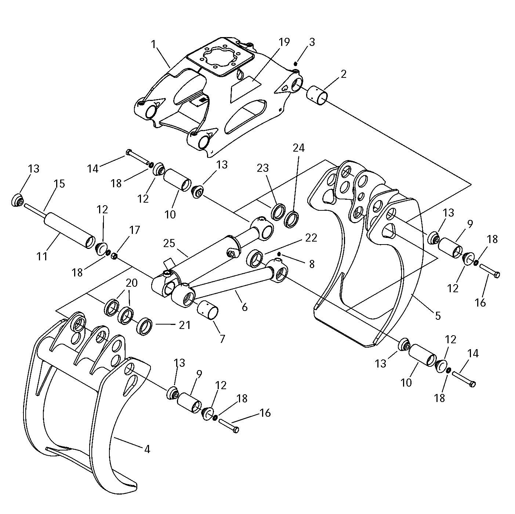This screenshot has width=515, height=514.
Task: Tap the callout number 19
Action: pyautogui.click(x=284, y=42)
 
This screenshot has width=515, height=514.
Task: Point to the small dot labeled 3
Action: pyautogui.click(x=295, y=63)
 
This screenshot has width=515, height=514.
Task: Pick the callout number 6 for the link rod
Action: pyautogui.click(x=244, y=307)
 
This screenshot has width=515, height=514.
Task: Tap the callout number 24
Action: pyautogui.click(x=298, y=148)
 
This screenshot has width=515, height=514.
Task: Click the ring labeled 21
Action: pyautogui.click(x=145, y=325)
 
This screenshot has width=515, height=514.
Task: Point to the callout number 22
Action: pyautogui.click(x=311, y=238)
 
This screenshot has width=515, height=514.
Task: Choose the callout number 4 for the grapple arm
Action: pyautogui.click(x=147, y=449)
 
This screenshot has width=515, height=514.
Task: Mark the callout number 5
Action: pyautogui.click(x=438, y=315)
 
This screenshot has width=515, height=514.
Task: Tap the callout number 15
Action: pyautogui.click(x=59, y=184)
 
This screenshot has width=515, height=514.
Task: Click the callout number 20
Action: pyautogui.click(x=132, y=283)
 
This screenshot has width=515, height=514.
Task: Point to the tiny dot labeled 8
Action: pyautogui.click(x=279, y=254)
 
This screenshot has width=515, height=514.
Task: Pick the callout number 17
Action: pyautogui.click(x=134, y=230)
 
